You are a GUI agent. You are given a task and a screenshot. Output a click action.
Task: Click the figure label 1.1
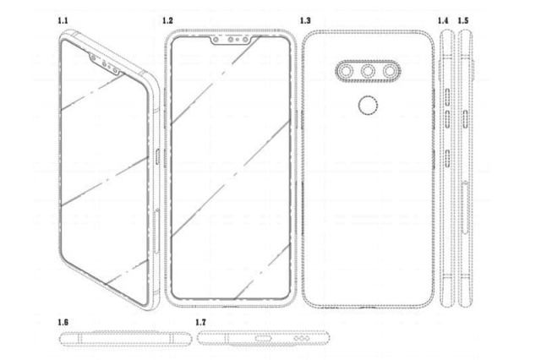pyautogui.click(x=63, y=20)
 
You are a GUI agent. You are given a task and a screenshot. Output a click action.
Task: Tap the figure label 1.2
pyautogui.click(x=167, y=20)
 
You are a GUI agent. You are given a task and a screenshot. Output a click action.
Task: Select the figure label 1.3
pyautogui.click(x=305, y=20)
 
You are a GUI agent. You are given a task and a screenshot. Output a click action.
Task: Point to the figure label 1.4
pyautogui.click(x=443, y=20)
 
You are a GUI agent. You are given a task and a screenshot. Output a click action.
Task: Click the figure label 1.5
pyautogui.click(x=463, y=20)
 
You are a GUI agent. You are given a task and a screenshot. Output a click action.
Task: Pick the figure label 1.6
pyautogui.click(x=63, y=323)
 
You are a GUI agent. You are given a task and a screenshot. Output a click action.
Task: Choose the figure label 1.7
pyautogui.click(x=200, y=323)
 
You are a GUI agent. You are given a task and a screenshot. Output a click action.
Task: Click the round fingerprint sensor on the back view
pyautogui.click(x=368, y=106)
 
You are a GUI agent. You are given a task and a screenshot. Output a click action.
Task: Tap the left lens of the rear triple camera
pyautogui.click(x=346, y=71)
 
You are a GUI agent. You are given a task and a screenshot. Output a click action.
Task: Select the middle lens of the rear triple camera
pyautogui.click(x=368, y=71)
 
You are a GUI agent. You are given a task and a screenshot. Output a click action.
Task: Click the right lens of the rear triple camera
pyautogui.click(x=390, y=71)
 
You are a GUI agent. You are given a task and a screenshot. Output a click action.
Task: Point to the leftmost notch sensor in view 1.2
pyautogui.click(x=216, y=40)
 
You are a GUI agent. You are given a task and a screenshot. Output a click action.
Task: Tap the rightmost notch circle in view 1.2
pyautogui.click(x=245, y=40)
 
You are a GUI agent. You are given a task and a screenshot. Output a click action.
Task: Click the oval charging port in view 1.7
pyautogui.click(x=263, y=339)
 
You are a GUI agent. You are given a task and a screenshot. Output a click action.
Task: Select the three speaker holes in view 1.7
pyautogui.click(x=302, y=339)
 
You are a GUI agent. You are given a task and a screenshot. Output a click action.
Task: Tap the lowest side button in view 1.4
pyautogui.click(x=447, y=158)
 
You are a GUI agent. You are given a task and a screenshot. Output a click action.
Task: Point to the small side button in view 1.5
pyautogui.click(x=466, y=119)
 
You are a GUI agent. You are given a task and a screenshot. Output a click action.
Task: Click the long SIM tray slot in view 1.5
pyautogui.click(x=466, y=207)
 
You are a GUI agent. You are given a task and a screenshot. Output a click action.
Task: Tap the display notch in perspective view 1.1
pyautogui.click(x=105, y=63)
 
